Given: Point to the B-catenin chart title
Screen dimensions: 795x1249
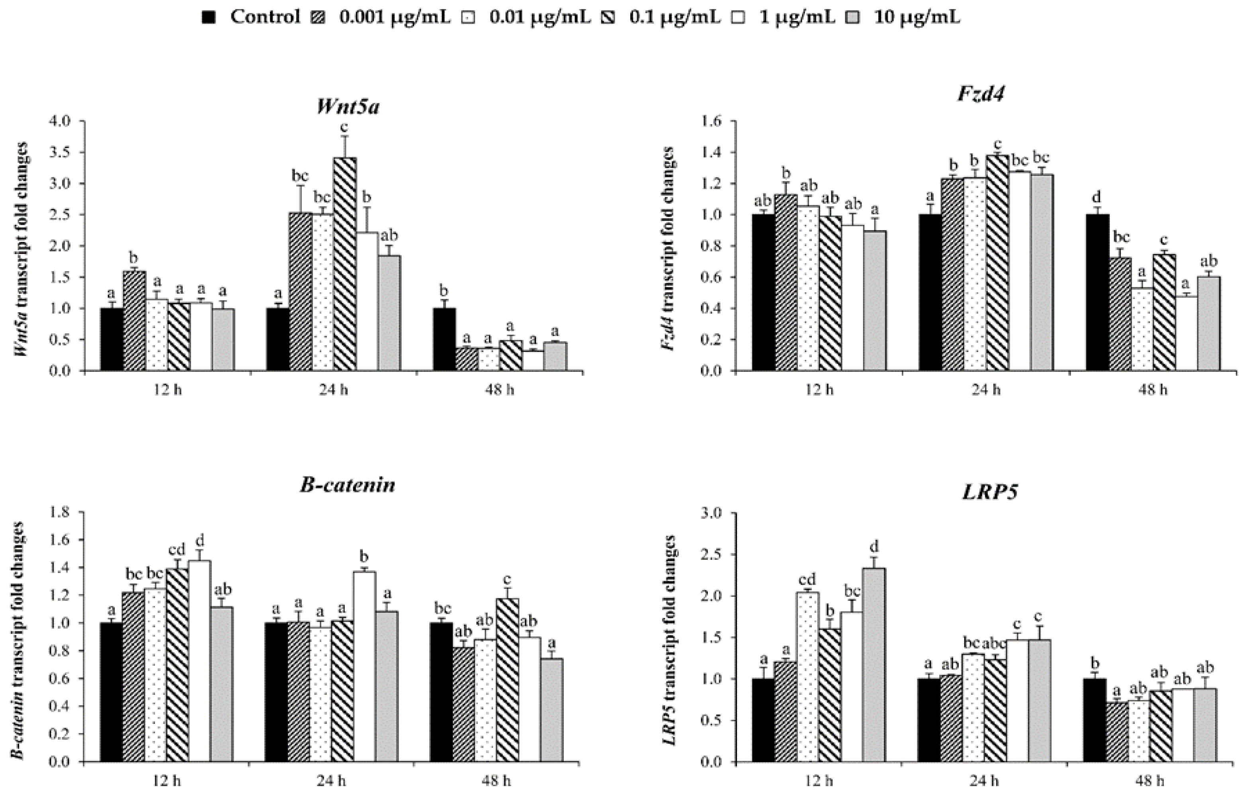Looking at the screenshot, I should pyautogui.click(x=348, y=485).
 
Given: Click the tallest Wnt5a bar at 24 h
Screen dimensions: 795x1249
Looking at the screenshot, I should pyautogui.click(x=345, y=264).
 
